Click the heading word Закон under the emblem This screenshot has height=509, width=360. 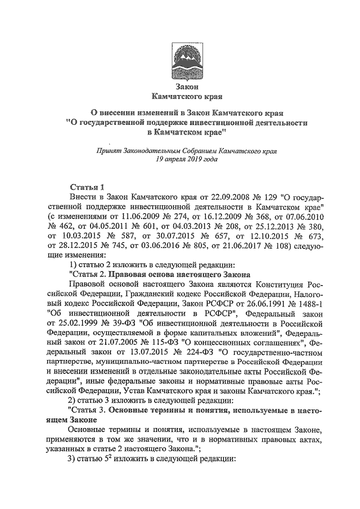(x=180, y=86)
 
